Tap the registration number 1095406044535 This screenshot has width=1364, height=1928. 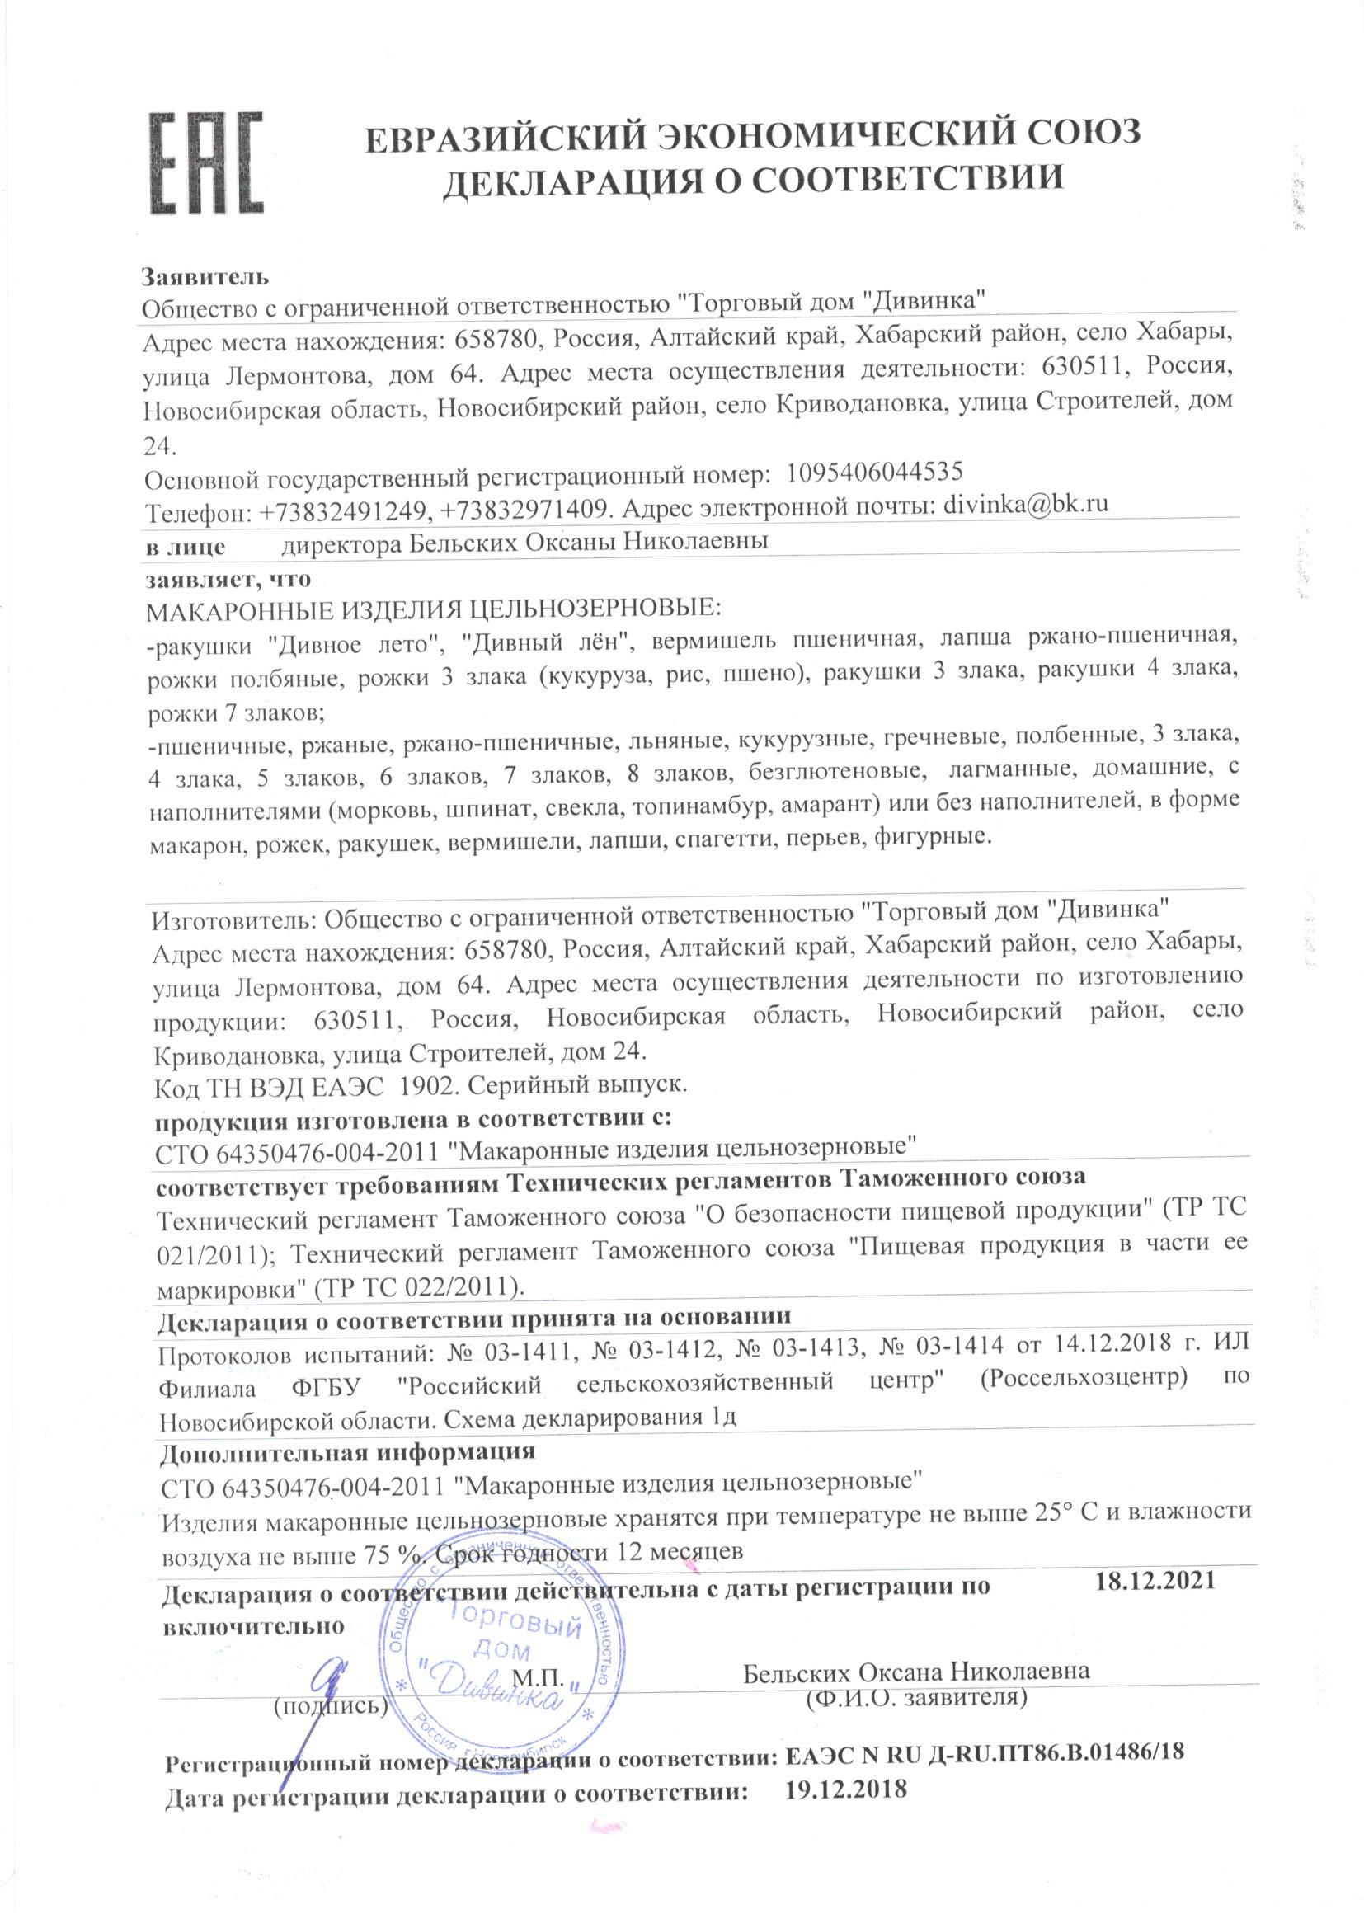coord(873,471)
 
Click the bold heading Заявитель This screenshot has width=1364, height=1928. coord(205,276)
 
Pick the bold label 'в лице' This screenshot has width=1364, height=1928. coord(186,545)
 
